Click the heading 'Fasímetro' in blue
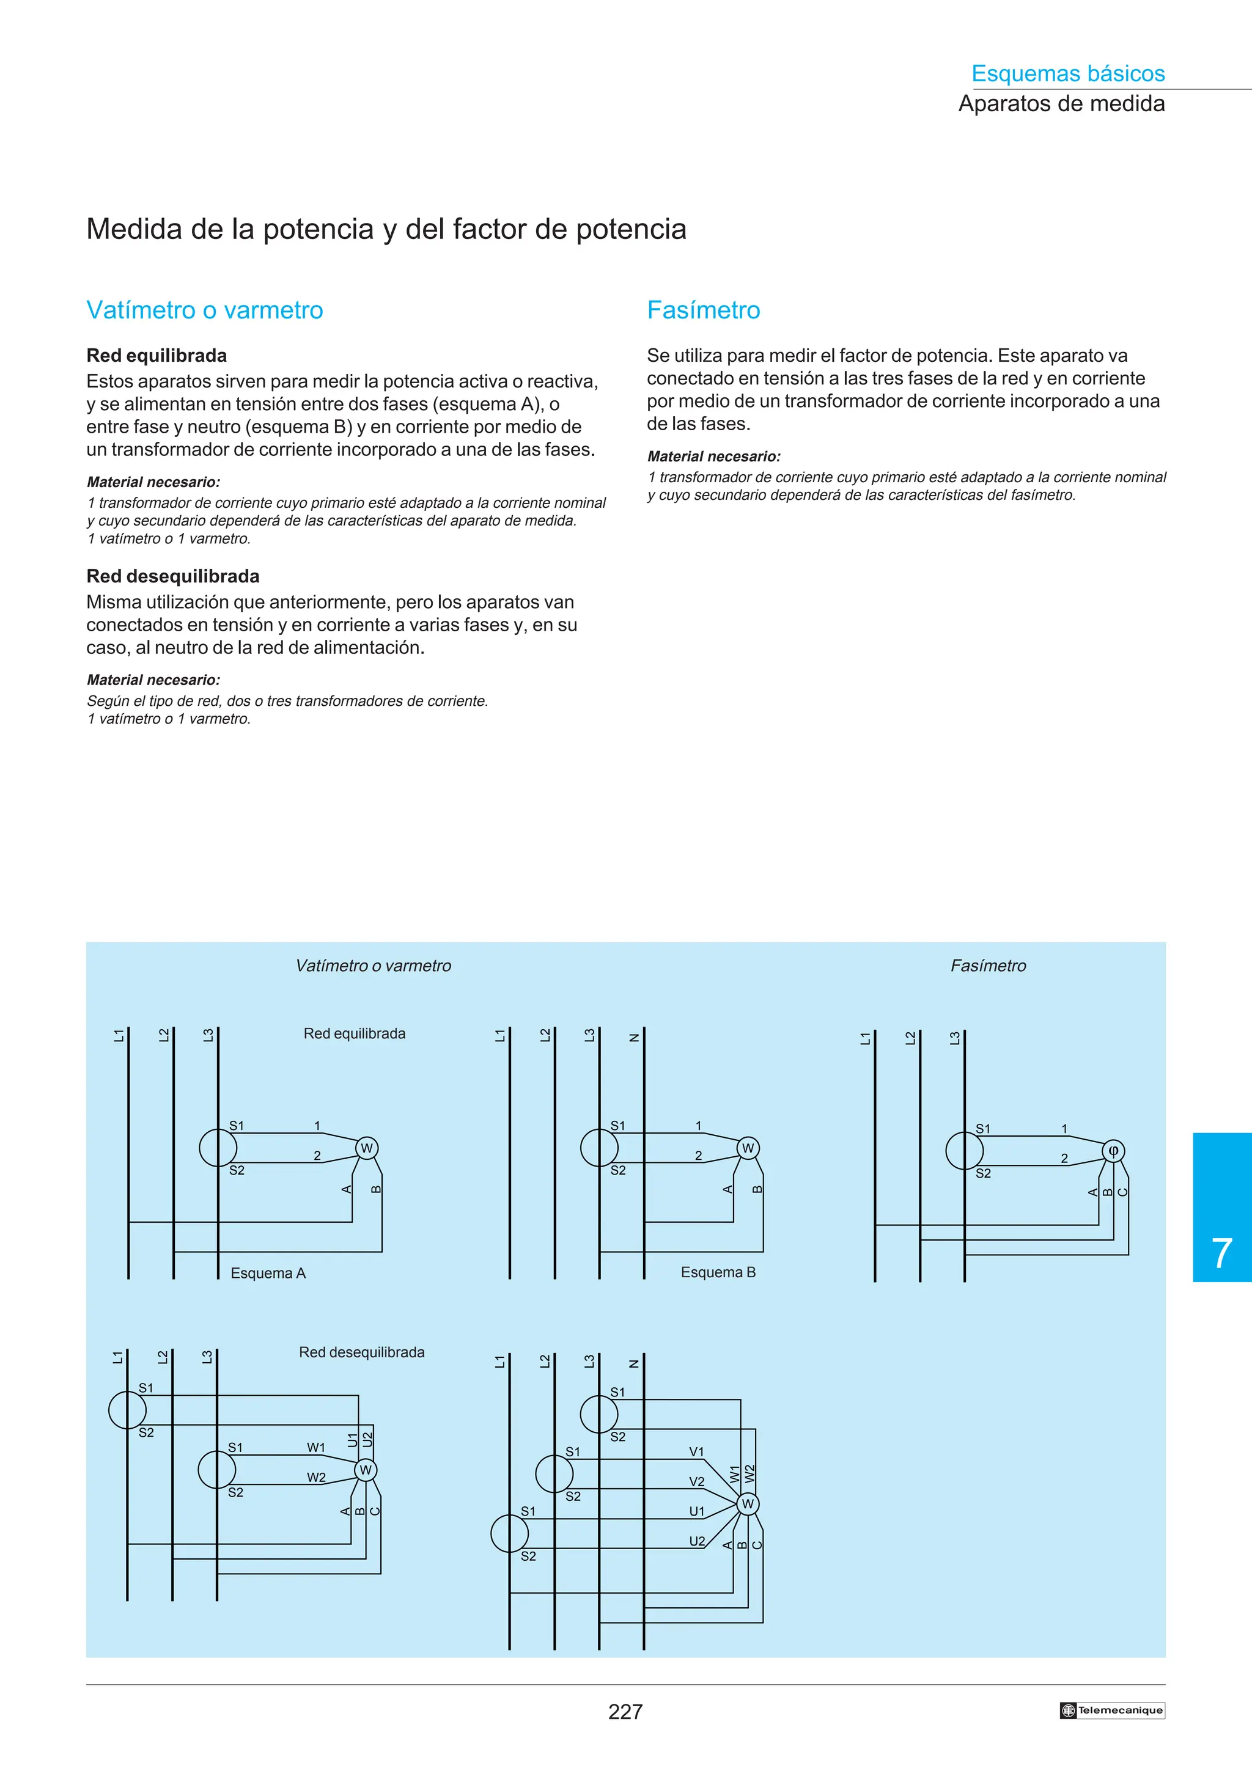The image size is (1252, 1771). tap(703, 310)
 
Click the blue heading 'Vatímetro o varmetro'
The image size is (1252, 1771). tap(204, 310)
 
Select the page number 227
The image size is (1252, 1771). tap(625, 1712)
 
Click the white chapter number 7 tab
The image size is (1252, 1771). tap(1221, 1253)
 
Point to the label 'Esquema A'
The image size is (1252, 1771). tap(268, 1274)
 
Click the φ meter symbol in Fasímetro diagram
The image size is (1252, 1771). tap(1113, 1151)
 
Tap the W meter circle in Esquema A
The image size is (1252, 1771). tap(366, 1148)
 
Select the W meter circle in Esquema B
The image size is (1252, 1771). tap(748, 1148)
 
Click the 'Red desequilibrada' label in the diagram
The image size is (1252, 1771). tap(361, 1352)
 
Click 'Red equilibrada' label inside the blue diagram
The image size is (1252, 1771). tap(354, 1033)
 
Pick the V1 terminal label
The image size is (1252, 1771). tap(696, 1451)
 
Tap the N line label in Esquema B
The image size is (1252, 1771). tap(634, 1038)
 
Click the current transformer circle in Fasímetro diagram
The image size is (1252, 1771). tap(964, 1151)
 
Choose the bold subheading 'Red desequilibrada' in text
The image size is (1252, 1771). tap(173, 576)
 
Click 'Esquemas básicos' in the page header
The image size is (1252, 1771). tap(1067, 73)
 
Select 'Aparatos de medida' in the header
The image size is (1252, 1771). tap(1061, 103)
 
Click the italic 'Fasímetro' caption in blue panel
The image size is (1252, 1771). tap(988, 966)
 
